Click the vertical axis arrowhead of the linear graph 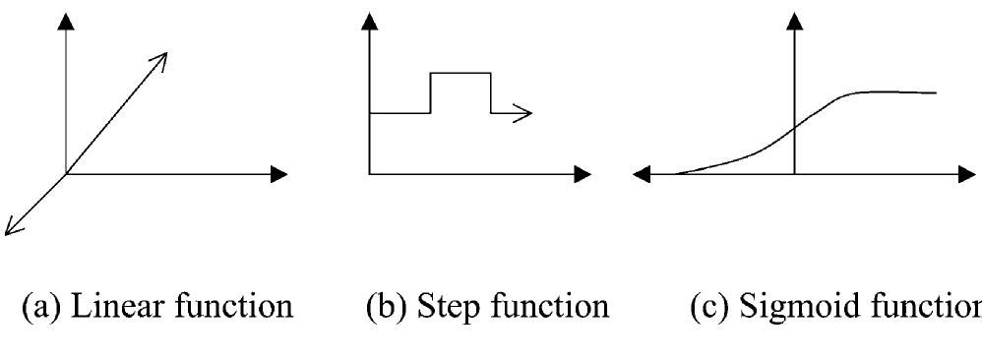(x=66, y=21)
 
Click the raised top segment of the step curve (x=460, y=73)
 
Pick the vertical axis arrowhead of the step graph (x=369, y=21)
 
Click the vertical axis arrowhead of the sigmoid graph (x=794, y=21)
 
